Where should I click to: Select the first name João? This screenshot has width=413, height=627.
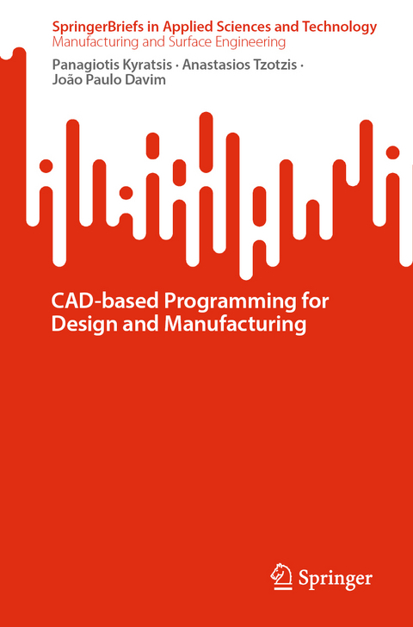click(68, 80)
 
